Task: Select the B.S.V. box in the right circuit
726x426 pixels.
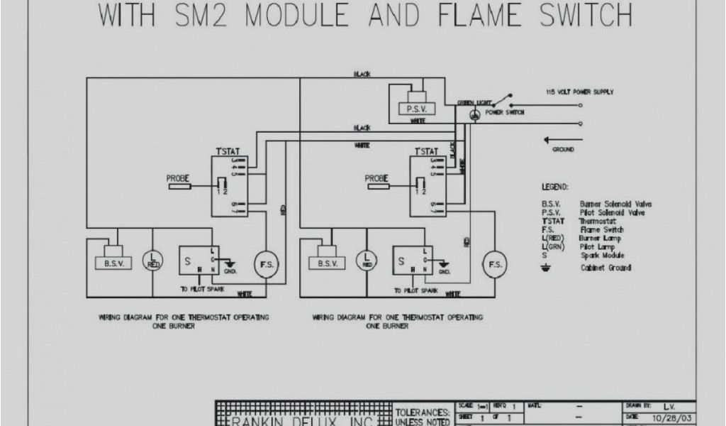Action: (x=327, y=263)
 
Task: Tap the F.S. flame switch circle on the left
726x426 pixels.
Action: (x=267, y=264)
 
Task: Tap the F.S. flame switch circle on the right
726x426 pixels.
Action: (x=494, y=264)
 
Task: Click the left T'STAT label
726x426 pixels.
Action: (x=228, y=151)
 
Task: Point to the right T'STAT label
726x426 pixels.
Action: (x=426, y=151)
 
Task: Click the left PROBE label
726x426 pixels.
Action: (x=177, y=178)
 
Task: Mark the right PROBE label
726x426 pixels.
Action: (x=376, y=178)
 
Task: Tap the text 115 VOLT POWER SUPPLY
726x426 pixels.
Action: (x=579, y=92)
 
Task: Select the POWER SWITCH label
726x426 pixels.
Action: (x=505, y=113)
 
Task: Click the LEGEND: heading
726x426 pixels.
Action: (x=555, y=187)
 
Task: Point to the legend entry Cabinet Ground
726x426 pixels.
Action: (x=605, y=268)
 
